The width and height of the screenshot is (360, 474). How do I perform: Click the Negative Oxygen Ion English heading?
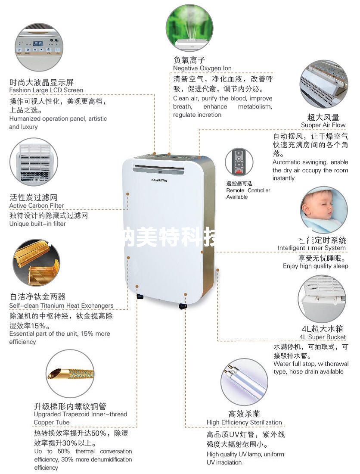click(x=202, y=68)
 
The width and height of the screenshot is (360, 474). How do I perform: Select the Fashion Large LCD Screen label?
click(x=46, y=90)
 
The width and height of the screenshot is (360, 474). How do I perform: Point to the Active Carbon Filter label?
click(x=37, y=206)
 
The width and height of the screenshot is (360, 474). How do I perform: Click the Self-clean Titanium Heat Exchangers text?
click(x=61, y=306)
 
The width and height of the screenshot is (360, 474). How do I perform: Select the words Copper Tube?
click(x=51, y=422)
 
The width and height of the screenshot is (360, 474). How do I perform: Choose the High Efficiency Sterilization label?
click(x=244, y=422)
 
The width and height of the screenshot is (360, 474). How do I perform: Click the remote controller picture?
click(x=239, y=162)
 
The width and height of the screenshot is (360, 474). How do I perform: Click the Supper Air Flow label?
click(x=323, y=125)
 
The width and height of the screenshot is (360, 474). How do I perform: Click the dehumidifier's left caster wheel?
click(x=140, y=297)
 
